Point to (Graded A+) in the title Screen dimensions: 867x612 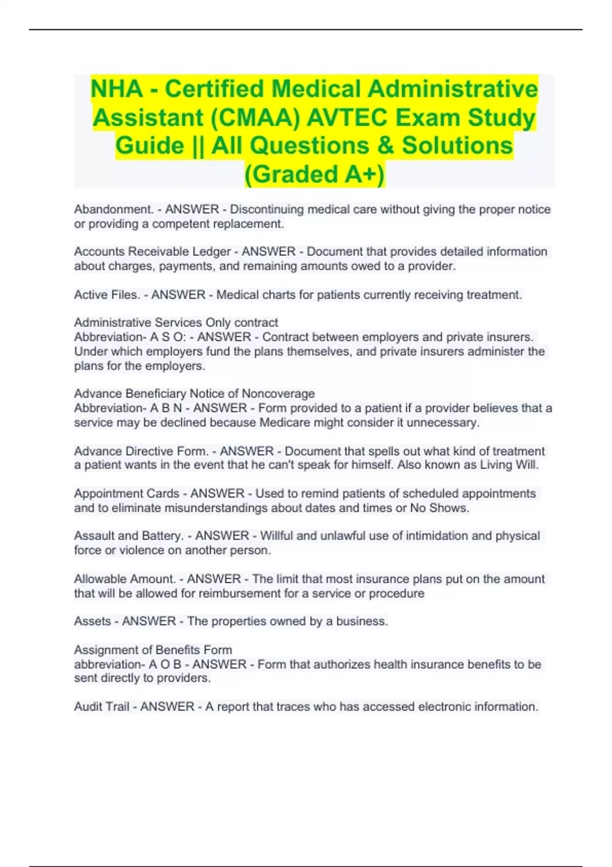[315, 174]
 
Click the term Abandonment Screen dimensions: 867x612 [114, 209]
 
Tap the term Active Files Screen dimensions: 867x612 [107, 295]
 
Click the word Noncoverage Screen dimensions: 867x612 [278, 394]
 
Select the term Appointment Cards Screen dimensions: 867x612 [126, 494]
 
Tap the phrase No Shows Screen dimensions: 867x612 [439, 508]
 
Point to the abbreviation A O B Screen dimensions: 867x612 [165, 665]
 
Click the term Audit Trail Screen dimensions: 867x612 [101, 707]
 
